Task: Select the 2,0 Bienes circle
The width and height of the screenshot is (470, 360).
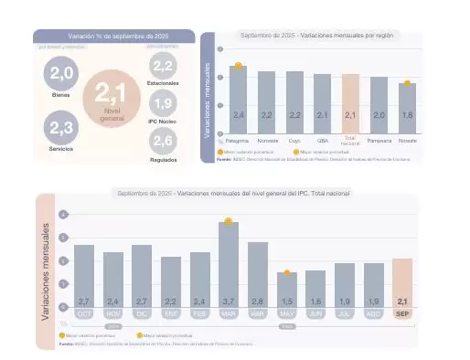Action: pos(61,73)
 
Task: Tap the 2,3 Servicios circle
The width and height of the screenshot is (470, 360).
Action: pos(61,128)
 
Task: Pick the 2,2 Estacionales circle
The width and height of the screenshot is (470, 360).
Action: pos(163,66)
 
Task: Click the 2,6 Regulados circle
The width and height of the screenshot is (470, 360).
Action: pos(163,141)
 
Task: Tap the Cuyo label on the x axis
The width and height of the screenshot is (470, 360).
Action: pos(294,142)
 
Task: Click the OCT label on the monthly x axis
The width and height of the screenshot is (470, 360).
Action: pos(84,313)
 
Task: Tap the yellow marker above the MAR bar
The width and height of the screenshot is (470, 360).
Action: pos(229,221)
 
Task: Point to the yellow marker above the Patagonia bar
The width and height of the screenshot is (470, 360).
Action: pos(238,66)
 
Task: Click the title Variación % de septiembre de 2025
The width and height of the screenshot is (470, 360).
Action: pos(114,36)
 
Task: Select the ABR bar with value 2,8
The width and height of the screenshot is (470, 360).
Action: pos(258,274)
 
